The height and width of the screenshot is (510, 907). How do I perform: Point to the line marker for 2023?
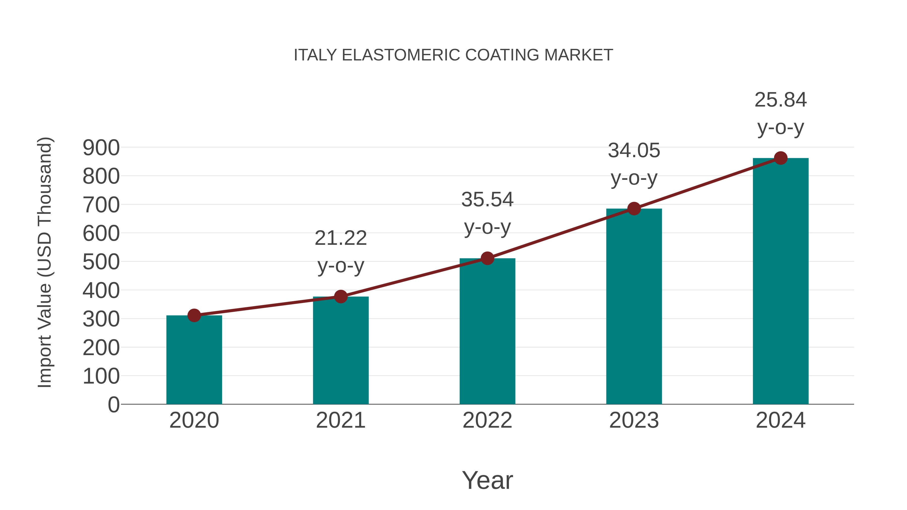(x=634, y=209)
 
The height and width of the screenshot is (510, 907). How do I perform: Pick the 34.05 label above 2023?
(x=634, y=151)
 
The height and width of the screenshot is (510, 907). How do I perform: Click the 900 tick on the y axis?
(x=101, y=148)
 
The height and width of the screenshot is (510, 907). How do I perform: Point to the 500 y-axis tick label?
(x=101, y=262)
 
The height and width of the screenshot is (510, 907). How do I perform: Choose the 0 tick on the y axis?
(x=113, y=405)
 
